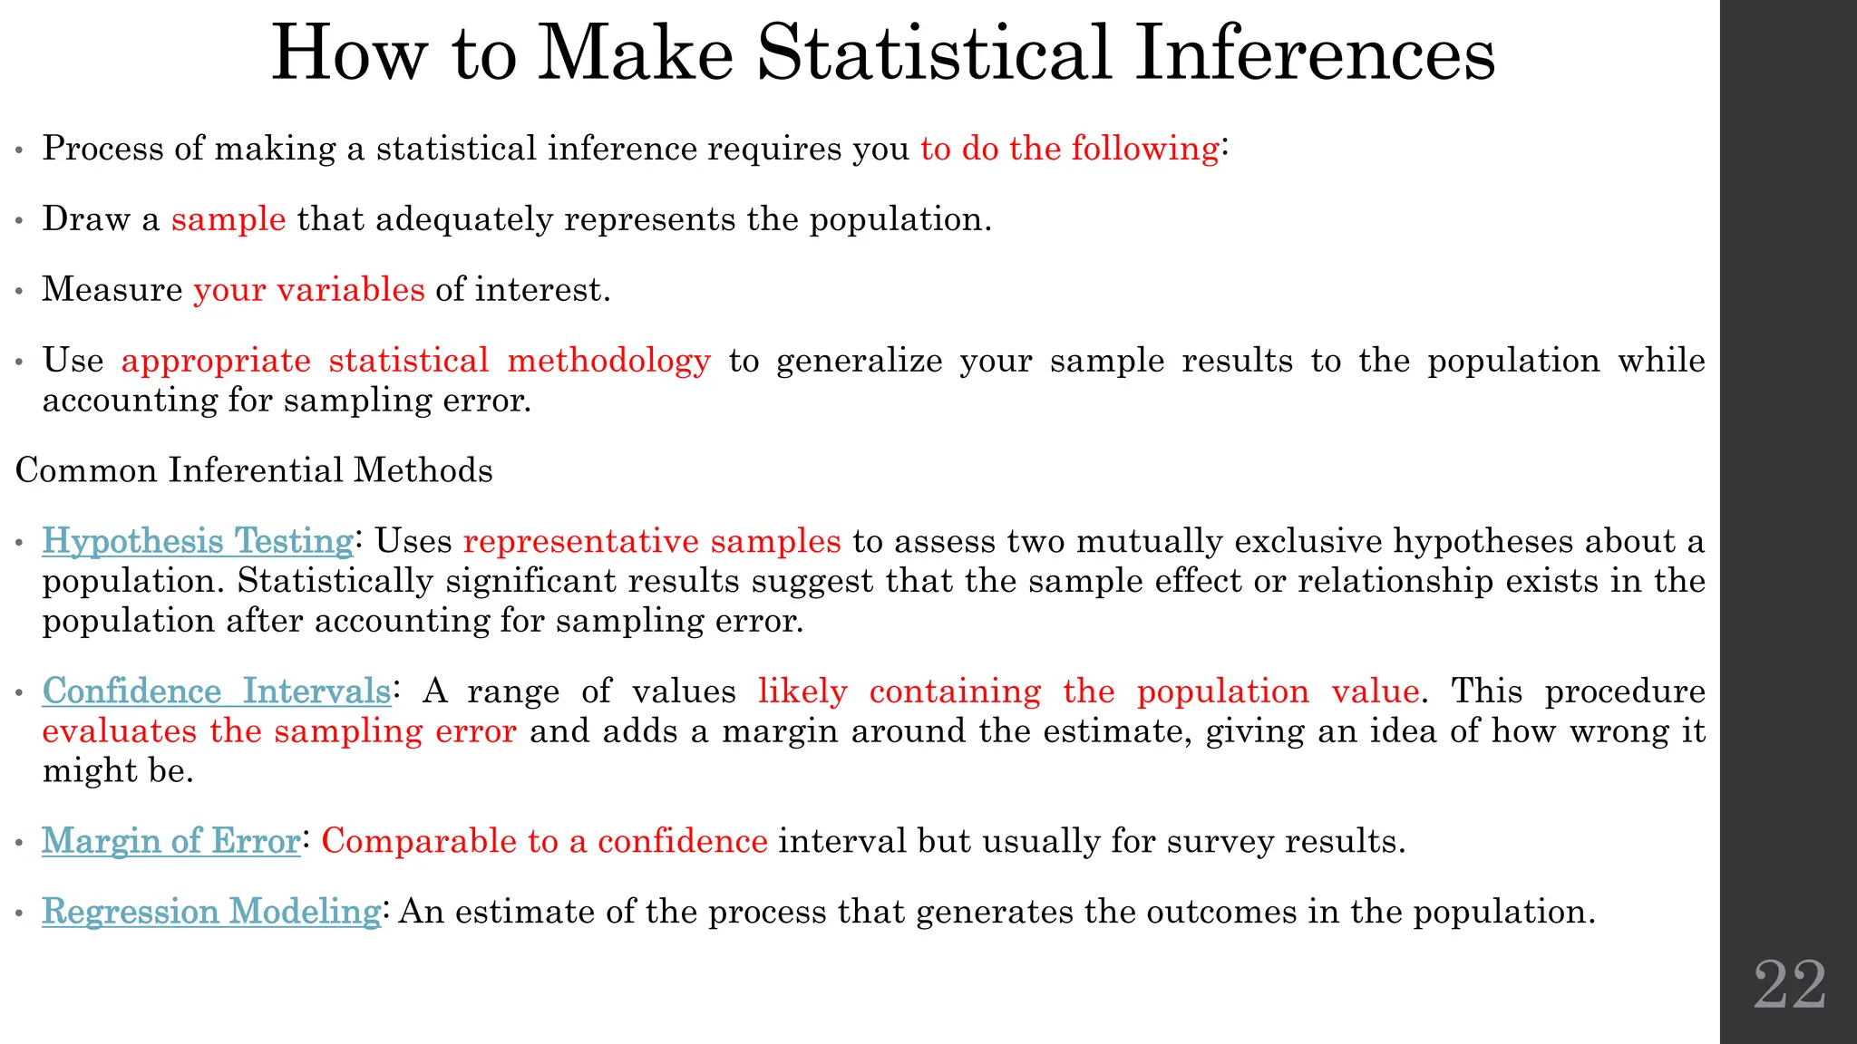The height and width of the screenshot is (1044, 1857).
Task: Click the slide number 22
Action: pyautogui.click(x=1790, y=984)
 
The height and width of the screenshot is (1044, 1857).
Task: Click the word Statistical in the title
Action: pyautogui.click(x=934, y=53)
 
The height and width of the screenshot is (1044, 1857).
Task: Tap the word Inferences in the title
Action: pyautogui.click(x=1315, y=53)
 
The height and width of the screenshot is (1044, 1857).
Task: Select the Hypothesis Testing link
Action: pyautogui.click(x=198, y=541)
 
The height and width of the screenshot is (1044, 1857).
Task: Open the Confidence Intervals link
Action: pyautogui.click(x=217, y=691)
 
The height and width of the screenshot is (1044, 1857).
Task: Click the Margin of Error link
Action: pyautogui.click(x=171, y=841)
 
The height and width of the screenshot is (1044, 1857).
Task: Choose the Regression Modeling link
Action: pyautogui.click(x=211, y=912)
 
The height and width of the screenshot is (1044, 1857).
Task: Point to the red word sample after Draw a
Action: pyautogui.click(x=228, y=219)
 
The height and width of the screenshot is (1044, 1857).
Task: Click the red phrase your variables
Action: pyautogui.click(x=309, y=290)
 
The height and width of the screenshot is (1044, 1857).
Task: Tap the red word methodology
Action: pyautogui.click(x=609, y=361)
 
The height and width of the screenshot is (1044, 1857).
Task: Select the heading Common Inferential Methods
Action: pyautogui.click(x=254, y=470)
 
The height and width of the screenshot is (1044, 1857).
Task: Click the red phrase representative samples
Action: pyautogui.click(x=652, y=541)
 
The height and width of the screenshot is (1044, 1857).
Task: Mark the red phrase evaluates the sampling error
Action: pyautogui.click(x=279, y=731)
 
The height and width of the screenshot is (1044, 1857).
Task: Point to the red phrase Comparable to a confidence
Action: pyautogui.click(x=545, y=841)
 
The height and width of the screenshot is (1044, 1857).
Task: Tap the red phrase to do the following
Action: pyautogui.click(x=1070, y=149)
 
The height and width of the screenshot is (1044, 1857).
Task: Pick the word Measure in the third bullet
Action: pyautogui.click(x=112, y=290)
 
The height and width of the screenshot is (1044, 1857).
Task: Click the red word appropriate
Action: pyautogui.click(x=216, y=361)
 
